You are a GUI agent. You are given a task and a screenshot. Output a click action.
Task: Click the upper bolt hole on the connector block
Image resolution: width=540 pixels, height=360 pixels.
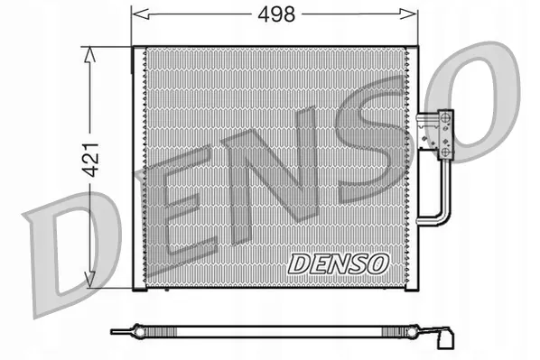(x=445, y=115)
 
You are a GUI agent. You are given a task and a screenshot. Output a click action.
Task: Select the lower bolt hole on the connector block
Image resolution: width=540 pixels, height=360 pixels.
(x=445, y=155)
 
